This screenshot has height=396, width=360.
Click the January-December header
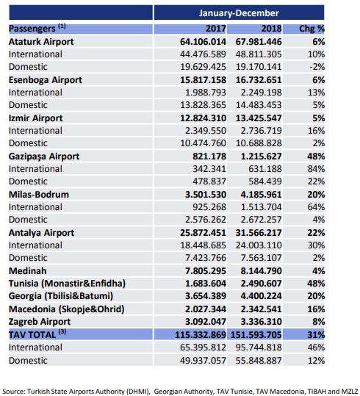(x=239, y=13)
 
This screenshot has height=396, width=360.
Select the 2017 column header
(x=216, y=29)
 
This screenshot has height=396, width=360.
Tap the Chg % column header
(x=312, y=29)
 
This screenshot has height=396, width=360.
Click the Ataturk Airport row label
(x=41, y=42)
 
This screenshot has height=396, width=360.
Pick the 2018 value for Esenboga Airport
(x=259, y=80)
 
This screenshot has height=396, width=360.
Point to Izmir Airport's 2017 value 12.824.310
(x=203, y=118)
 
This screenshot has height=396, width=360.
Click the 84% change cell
(x=316, y=169)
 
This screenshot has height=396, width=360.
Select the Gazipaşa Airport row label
(x=44, y=156)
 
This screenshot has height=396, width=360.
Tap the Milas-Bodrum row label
(x=39, y=195)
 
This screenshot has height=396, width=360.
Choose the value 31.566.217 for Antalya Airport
(x=259, y=233)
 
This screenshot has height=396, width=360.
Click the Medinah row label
(x=27, y=270)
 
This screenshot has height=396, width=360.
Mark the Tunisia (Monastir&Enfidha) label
(x=67, y=284)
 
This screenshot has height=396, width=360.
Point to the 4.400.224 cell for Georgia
(x=261, y=296)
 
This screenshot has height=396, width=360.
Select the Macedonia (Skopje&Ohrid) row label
(x=66, y=309)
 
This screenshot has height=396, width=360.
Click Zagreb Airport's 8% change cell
(x=318, y=322)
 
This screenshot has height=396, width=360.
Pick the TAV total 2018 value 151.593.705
(x=256, y=335)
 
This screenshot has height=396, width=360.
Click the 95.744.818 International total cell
(x=259, y=348)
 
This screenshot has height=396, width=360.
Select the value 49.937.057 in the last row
(x=203, y=361)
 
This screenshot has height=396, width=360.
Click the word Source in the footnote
(x=14, y=391)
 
